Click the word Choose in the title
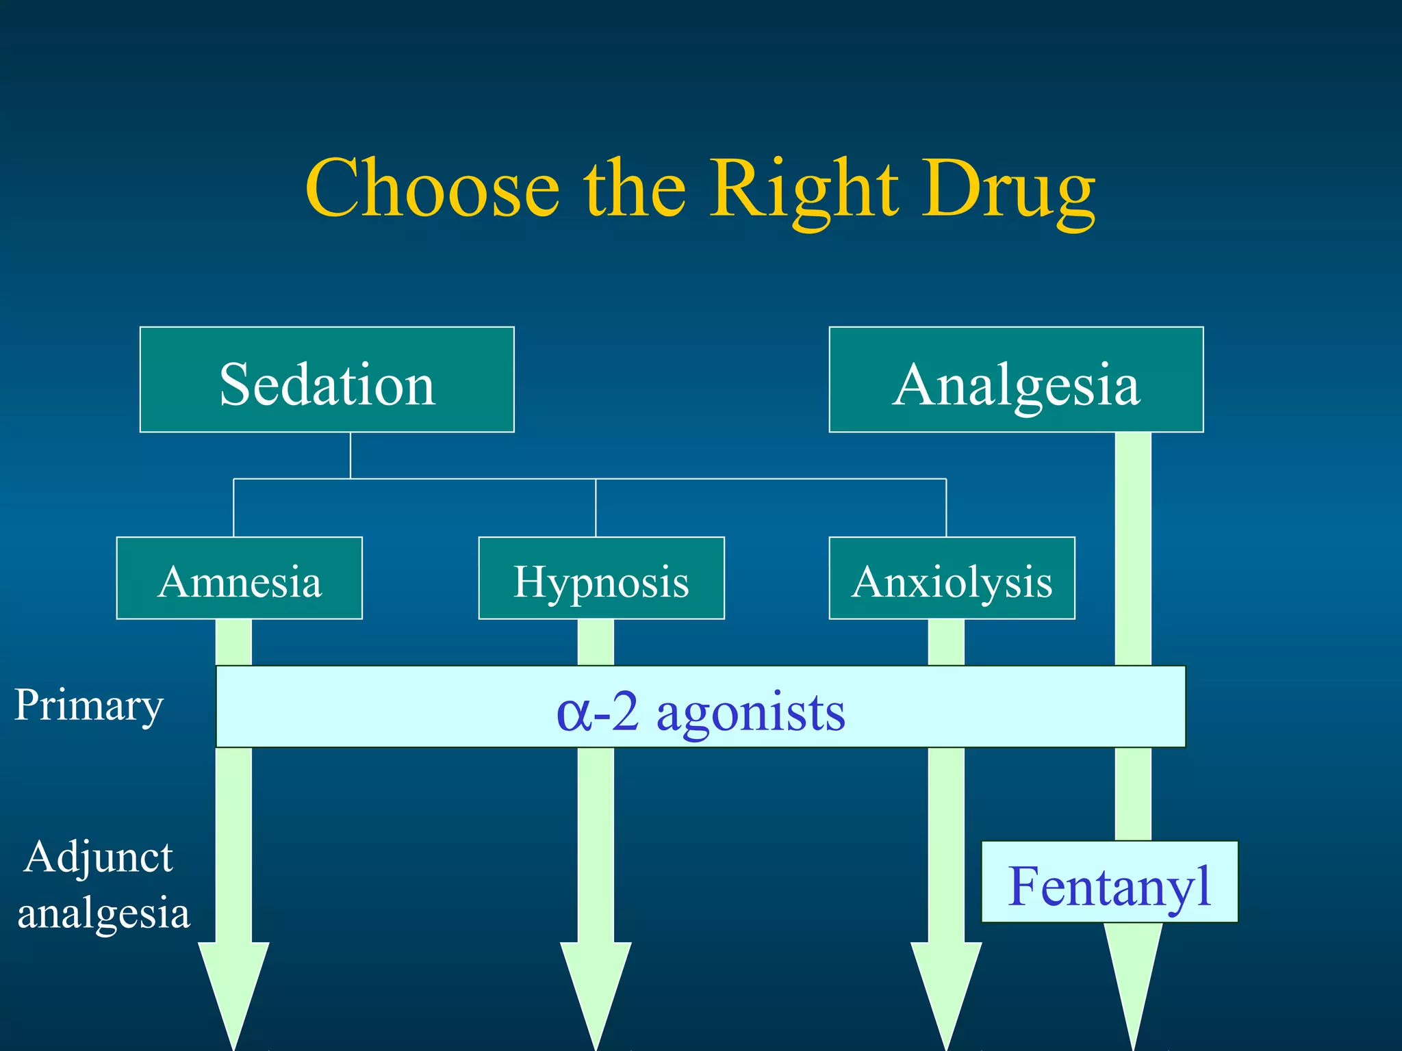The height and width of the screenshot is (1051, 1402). [432, 188]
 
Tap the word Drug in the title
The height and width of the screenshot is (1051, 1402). [1008, 188]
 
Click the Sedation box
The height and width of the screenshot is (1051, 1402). [327, 380]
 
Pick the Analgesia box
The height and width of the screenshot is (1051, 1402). [1016, 380]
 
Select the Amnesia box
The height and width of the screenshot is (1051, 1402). [239, 578]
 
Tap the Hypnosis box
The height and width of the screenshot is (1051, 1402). [601, 578]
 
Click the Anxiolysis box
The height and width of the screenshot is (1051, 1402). [952, 578]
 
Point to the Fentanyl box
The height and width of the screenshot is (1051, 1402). [1109, 883]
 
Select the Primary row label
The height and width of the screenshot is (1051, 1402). [89, 705]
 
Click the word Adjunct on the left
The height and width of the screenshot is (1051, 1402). [98, 857]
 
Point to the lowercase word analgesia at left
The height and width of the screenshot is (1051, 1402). [103, 913]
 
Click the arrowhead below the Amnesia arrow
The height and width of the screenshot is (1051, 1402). [233, 985]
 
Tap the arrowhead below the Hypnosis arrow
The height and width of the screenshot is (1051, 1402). [596, 985]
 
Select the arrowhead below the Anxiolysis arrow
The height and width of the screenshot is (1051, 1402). [946, 985]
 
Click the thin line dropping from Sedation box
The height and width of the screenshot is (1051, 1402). [350, 455]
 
